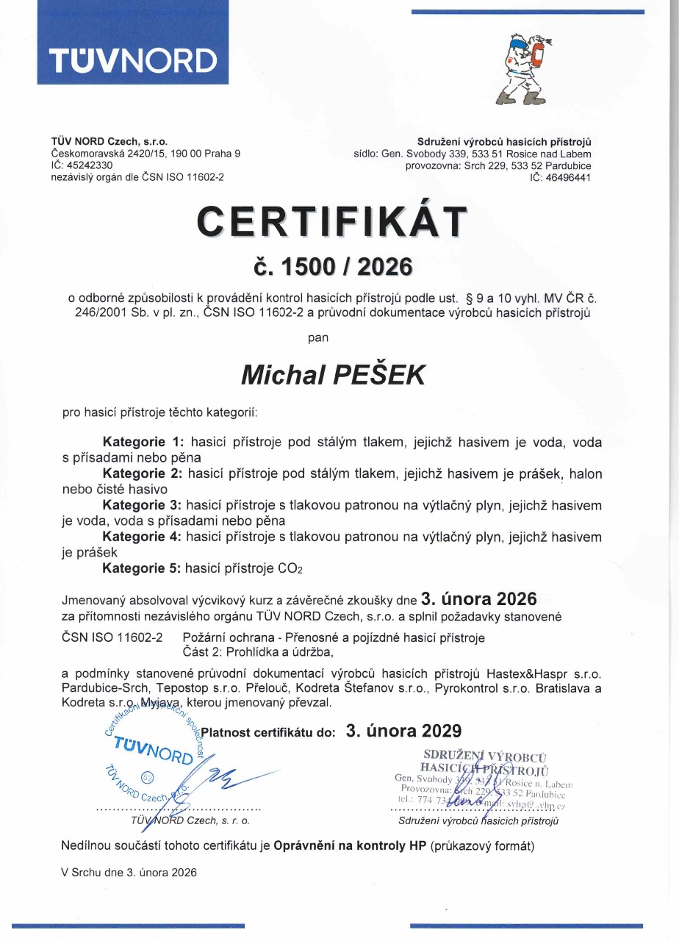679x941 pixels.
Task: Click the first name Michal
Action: point(282,375)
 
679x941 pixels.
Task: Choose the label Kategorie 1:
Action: point(143,443)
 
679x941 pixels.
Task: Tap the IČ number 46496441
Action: point(567,177)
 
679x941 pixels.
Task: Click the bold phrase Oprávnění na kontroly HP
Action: point(351,845)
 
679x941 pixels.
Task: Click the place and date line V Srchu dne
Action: point(129,873)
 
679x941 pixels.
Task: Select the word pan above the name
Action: point(317,339)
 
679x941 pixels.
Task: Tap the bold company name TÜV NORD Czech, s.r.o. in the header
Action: point(109,142)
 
